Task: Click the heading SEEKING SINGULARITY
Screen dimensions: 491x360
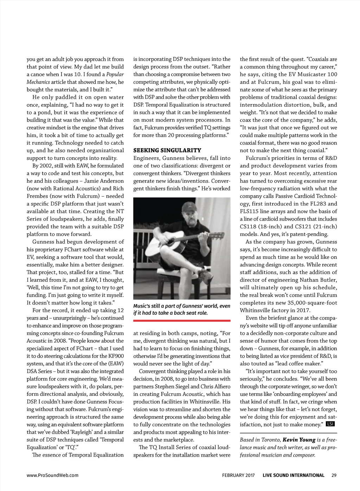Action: [167, 150]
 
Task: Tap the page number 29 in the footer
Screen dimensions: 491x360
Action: [334, 475]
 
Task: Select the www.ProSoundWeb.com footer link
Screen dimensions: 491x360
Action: [52, 475]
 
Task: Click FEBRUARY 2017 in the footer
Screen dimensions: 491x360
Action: [238, 475]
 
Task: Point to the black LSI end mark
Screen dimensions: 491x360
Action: [330, 424]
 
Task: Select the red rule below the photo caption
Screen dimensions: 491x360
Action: [182, 320]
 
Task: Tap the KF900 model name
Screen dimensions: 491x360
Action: [114, 356]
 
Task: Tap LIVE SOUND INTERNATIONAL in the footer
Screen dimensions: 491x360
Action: [293, 475]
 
